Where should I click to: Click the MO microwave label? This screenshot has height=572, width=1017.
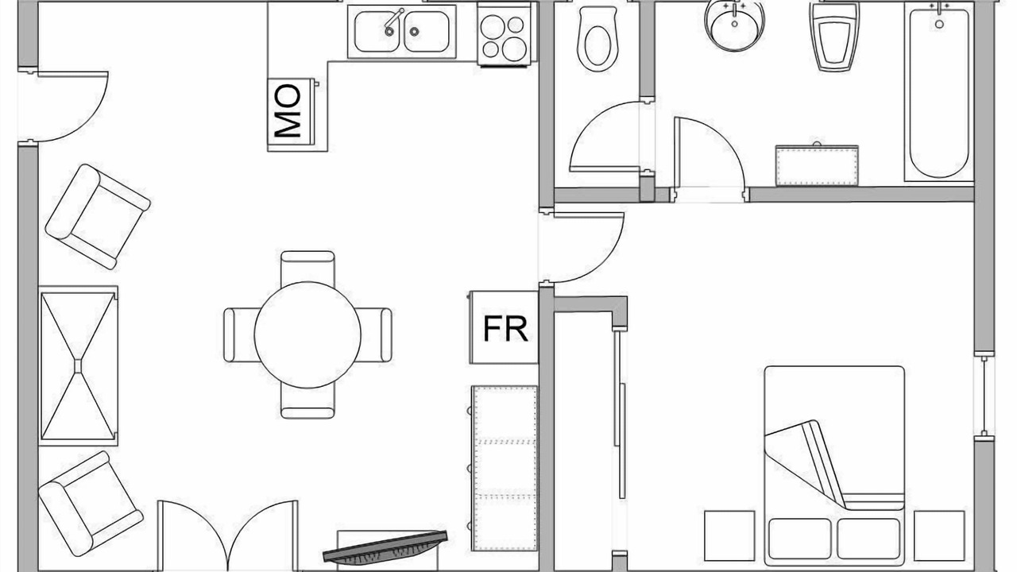point(288,111)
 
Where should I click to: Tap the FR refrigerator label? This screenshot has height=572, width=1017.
point(505,329)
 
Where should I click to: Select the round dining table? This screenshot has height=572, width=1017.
point(307,335)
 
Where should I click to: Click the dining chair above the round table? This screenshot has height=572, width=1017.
point(307,268)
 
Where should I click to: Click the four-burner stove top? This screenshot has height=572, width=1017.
point(505,34)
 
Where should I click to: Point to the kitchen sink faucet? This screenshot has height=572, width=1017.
point(393,21)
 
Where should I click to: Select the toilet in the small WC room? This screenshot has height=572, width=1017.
point(597,39)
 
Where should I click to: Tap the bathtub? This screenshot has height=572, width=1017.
point(939,93)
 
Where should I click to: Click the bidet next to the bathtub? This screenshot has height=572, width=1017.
point(833,38)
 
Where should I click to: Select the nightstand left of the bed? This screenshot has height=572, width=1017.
point(729,535)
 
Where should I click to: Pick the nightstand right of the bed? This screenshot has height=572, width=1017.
point(939,535)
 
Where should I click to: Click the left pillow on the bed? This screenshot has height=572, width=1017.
point(800,539)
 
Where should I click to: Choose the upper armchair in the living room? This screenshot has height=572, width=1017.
point(98,217)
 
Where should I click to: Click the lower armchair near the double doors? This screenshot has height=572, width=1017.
point(91,504)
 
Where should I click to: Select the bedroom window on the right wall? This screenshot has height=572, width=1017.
point(984,396)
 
